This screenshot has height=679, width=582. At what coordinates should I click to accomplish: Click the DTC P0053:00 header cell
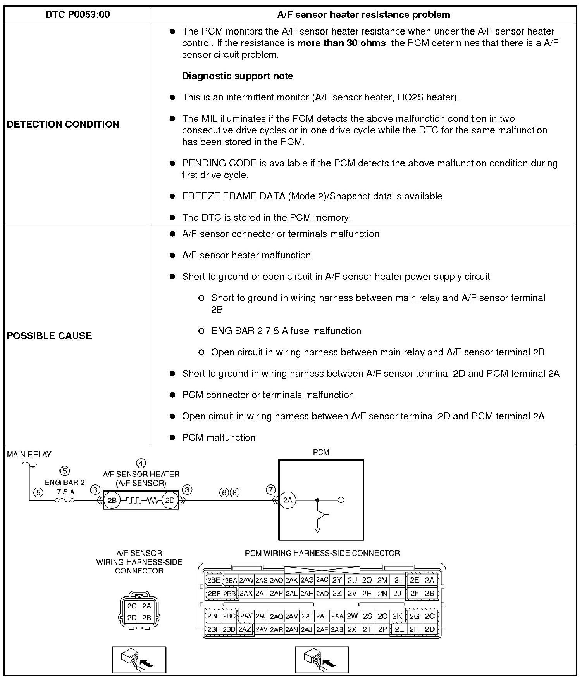77,15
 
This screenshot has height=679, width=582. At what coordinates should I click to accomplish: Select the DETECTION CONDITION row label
63,124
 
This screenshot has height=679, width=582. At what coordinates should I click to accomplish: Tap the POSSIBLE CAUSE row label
50,336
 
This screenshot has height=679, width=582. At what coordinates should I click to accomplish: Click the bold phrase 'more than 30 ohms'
341,43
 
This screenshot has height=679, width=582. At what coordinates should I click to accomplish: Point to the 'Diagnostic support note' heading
238,76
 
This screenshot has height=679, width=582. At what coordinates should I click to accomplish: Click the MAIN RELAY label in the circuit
29,454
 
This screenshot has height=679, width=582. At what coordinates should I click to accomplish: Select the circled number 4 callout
141,463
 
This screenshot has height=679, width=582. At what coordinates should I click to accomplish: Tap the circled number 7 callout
271,490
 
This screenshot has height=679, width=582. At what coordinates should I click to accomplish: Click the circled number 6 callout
224,493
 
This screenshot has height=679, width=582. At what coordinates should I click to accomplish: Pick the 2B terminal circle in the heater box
112,501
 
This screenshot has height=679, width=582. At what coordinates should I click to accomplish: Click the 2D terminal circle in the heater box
170,501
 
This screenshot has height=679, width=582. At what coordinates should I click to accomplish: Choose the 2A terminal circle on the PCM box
288,500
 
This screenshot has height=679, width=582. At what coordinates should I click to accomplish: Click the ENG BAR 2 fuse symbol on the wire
65,501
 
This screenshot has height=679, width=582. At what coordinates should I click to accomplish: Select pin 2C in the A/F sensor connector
131,606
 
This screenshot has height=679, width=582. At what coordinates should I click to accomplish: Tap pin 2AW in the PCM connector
246,580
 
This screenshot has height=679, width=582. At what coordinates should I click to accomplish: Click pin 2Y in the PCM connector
337,580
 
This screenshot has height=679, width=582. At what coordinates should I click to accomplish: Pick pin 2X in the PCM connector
352,629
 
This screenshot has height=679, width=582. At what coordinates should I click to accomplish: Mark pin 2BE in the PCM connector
214,580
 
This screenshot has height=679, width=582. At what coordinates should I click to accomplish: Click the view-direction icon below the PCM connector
322,659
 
